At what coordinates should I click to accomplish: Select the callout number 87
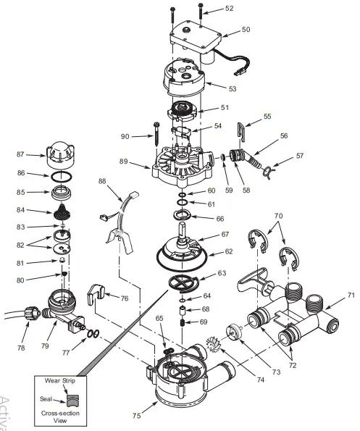[20, 154]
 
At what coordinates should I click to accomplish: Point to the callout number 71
[351, 296]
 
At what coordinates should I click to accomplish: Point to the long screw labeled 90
[155, 135]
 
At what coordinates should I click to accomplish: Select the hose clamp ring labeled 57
[269, 171]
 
